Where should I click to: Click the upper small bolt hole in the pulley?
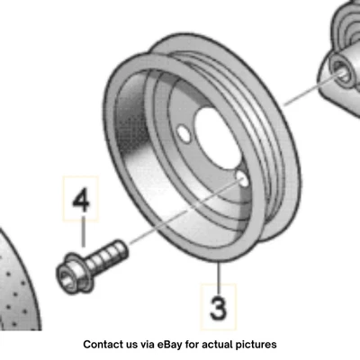pyautogui.click(x=184, y=136)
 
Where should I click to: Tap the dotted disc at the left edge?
pyautogui.click(x=13, y=288)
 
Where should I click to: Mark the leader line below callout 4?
pyautogui.click(x=82, y=232)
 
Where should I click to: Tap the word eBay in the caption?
pyautogui.click(x=174, y=344)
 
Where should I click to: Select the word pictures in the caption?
pyautogui.click(x=255, y=344)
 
